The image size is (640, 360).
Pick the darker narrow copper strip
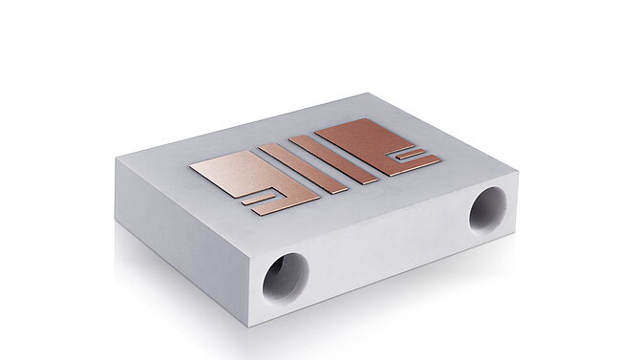pos(333,159)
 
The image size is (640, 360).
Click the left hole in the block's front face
pos(286,278)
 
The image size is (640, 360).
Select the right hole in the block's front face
pos(488,209)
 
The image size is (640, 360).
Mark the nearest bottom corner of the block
pos(254,326)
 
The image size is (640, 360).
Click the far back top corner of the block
pos(366,94)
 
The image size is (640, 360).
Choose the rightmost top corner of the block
pos(517,171)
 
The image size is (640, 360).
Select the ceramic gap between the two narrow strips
pos(318,163)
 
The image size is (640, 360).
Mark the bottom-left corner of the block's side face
pos(117,222)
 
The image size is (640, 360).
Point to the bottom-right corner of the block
pos(512,229)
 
